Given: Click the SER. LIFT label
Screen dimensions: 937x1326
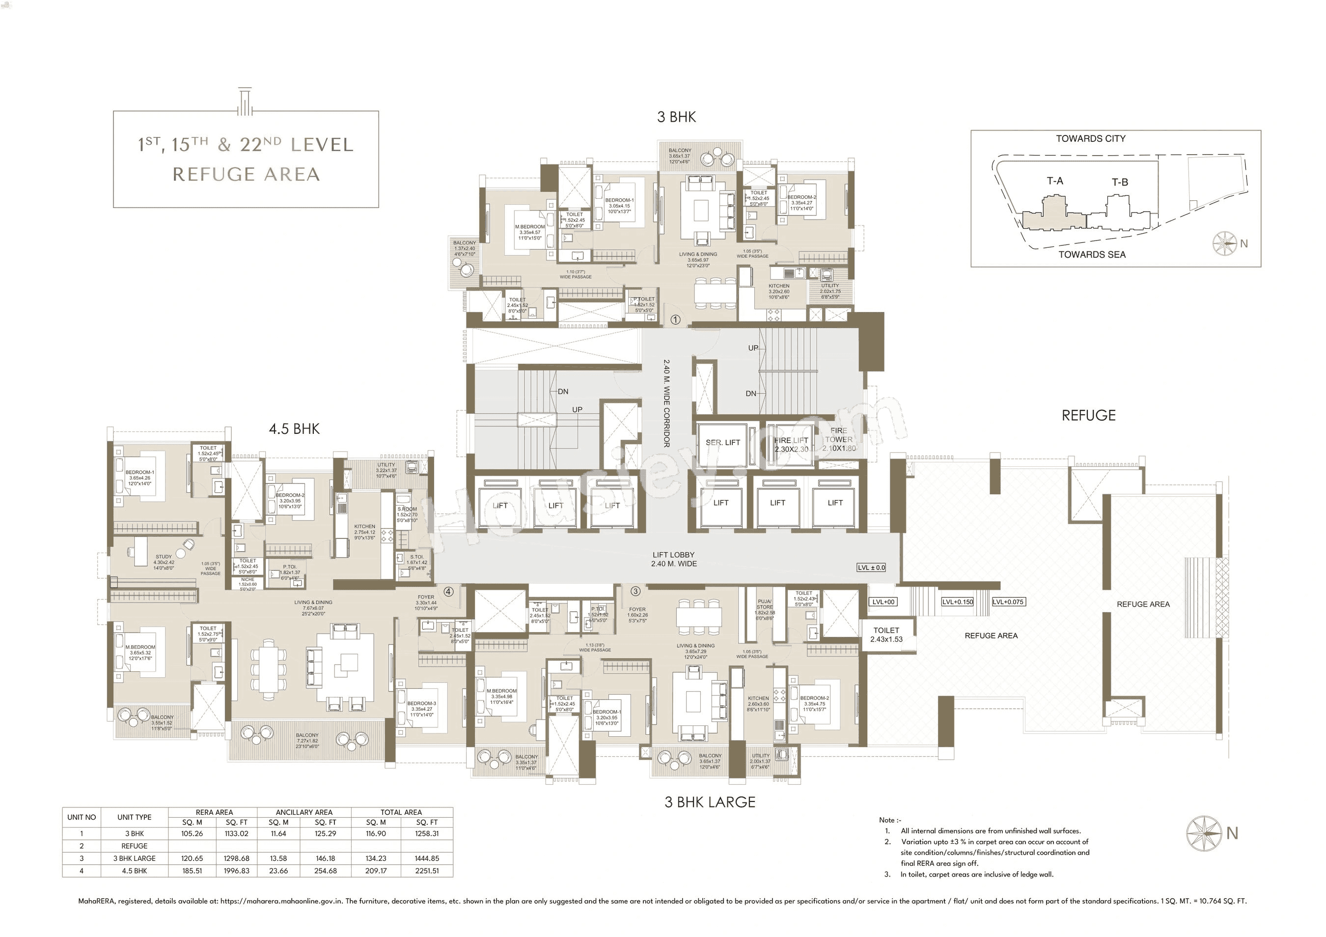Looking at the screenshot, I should pos(722,442).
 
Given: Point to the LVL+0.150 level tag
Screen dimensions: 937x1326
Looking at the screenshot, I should pos(957,602).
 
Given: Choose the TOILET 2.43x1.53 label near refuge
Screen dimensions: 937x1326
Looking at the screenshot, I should pos(886,635).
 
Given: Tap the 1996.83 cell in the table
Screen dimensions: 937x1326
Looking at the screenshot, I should pos(236,871).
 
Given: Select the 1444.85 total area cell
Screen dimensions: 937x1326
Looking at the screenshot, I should pos(427,858).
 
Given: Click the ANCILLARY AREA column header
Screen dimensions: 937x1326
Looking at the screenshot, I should pos(304,812).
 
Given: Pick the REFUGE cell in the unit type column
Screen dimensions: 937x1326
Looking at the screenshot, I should pos(134,846).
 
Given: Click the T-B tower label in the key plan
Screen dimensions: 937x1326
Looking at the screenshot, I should pos(1120,183).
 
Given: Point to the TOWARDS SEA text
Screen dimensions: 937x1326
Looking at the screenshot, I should pos(1092,255).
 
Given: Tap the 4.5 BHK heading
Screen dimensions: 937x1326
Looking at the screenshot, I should pos(294,429).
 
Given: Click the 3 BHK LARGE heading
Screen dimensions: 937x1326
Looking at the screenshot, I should pos(710,802).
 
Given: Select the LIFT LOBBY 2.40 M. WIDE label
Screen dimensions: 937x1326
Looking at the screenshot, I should pos(673,559).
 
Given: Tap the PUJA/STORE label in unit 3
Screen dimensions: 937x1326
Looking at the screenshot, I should pos(764,607).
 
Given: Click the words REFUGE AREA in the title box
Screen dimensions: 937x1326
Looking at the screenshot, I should pos(246,174).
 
